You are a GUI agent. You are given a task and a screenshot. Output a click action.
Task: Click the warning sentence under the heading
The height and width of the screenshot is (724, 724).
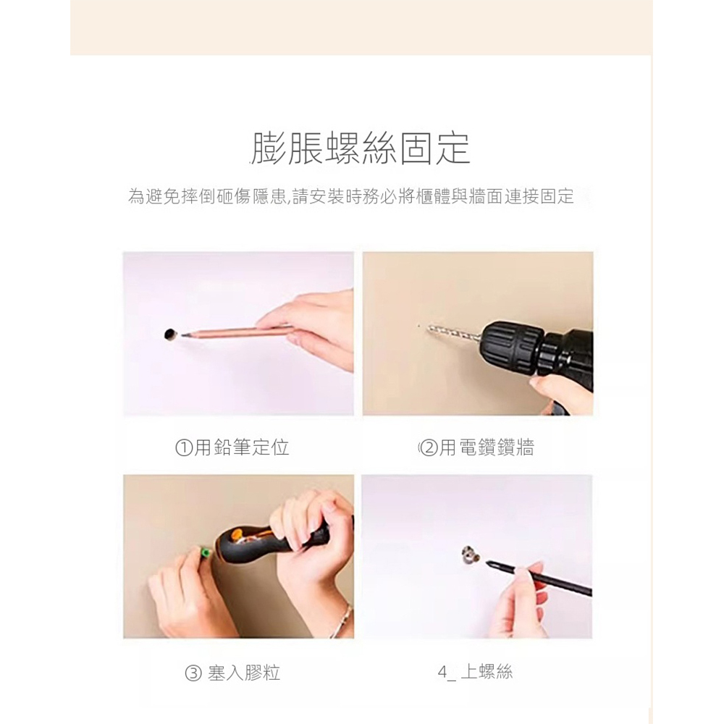pyautogui.click(x=350, y=196)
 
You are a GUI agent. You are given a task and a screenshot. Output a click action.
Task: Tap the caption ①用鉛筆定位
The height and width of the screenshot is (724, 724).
pyautogui.click(x=232, y=448)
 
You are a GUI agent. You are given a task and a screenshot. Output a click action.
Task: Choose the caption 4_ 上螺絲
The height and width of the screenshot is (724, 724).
pyautogui.click(x=475, y=673)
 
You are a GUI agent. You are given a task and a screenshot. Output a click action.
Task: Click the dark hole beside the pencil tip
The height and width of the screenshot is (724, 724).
pyautogui.click(x=170, y=333)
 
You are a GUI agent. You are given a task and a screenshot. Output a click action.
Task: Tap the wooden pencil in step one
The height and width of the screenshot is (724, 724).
pyautogui.click(x=232, y=332)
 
